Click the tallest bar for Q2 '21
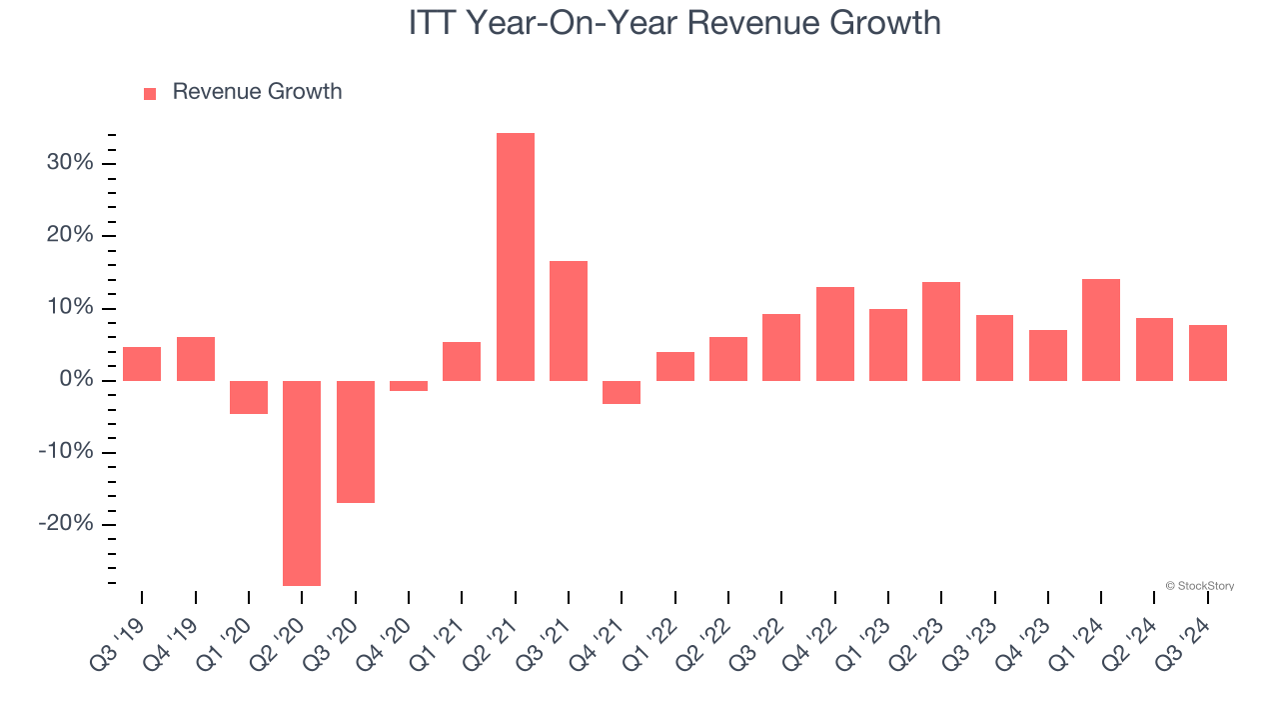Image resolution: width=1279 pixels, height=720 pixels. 516,257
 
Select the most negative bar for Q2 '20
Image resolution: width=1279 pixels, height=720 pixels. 302,483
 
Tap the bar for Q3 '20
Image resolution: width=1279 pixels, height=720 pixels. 356,441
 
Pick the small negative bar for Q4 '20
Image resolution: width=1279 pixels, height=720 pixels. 409,386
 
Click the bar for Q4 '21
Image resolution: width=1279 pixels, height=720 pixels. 622,392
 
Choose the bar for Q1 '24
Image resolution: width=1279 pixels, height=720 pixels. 1101,330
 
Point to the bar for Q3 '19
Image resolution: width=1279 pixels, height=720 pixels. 142,364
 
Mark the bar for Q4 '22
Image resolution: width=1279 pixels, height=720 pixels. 835,334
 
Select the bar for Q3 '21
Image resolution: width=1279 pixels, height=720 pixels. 569,321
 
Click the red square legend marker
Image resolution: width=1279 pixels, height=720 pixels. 150,93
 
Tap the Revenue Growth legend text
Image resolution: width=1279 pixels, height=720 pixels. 257,92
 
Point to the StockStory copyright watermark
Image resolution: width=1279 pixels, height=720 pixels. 1199,586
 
